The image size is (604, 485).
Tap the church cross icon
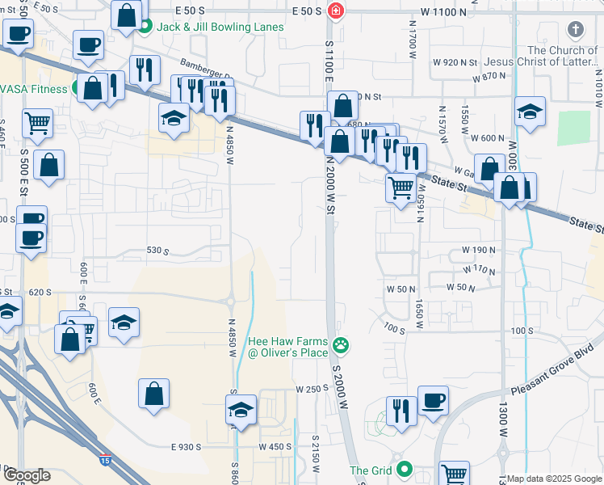[x=575, y=31]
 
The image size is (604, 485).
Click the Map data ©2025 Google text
[x=555, y=479]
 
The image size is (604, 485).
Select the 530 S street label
[x=157, y=251]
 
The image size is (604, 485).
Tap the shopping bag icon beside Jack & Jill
[x=127, y=15]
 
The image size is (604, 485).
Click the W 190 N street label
[x=478, y=251]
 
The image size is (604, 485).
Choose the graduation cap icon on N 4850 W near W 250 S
[x=241, y=410]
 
